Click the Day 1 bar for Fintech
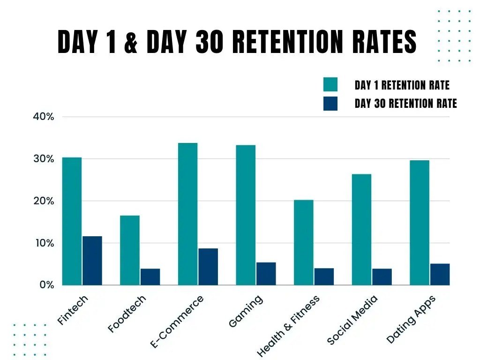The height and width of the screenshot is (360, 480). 72,221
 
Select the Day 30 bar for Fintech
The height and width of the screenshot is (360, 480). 92,261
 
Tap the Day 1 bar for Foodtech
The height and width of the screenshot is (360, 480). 130,250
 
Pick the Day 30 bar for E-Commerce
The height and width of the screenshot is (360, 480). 208,266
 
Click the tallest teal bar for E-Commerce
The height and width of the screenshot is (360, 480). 187,214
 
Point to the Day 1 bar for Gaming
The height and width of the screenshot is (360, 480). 246,215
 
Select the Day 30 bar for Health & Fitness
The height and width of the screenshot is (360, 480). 324,277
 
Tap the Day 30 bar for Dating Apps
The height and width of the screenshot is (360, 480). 440,274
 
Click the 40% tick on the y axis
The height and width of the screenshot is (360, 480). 44,117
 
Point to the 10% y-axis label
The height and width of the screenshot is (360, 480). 44,243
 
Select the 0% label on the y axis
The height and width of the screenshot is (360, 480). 46,285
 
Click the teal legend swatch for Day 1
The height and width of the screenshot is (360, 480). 330,85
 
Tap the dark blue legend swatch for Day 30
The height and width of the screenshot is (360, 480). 330,104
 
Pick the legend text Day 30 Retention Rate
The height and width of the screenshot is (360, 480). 405,104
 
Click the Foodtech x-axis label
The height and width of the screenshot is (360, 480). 127,314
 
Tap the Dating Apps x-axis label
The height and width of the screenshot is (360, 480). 411,319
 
